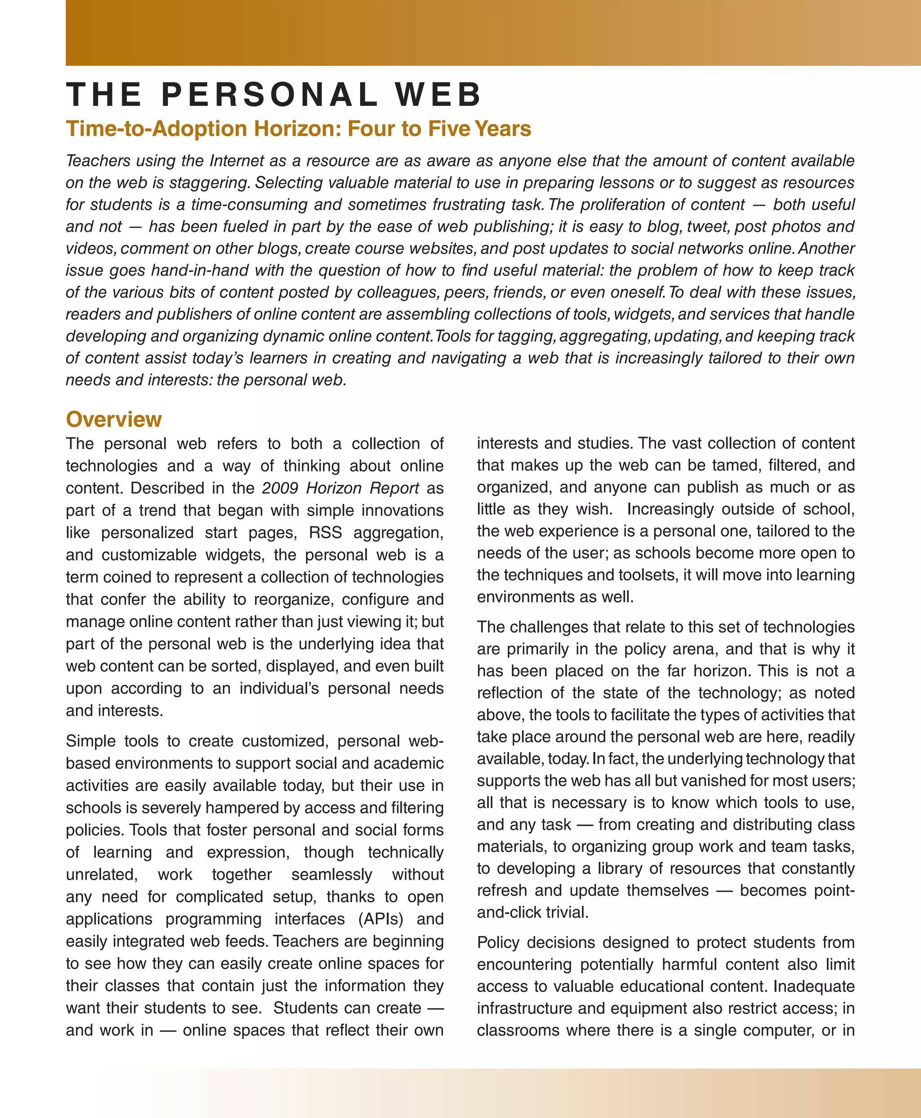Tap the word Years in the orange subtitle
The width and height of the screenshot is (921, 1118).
click(502, 129)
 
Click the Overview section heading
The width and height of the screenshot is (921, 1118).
click(113, 419)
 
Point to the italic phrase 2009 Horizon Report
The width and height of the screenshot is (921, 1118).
click(340, 488)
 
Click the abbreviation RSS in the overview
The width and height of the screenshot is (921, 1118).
click(325, 533)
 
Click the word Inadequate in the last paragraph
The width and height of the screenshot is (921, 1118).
click(814, 986)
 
